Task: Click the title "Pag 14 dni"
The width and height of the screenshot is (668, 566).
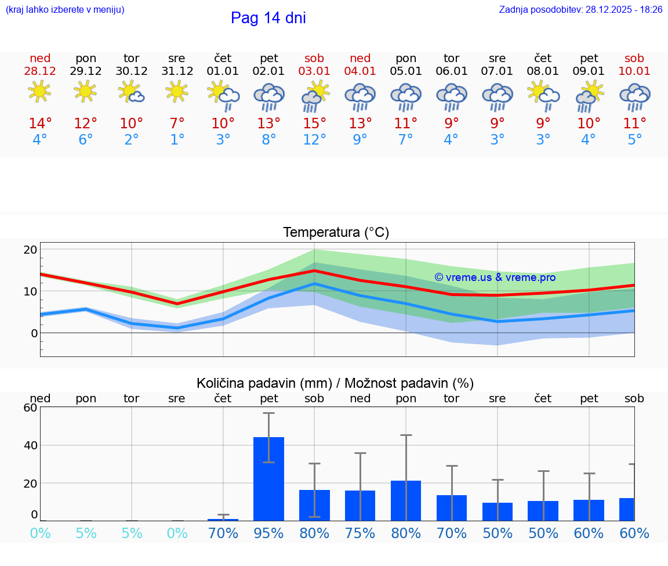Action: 268,18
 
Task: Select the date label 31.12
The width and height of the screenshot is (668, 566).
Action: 177,71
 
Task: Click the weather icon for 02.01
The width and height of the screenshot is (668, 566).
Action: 268,97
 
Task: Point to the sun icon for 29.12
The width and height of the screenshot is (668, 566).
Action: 86,92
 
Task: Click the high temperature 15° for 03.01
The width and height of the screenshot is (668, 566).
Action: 314,124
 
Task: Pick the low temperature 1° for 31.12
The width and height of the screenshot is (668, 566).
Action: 177,140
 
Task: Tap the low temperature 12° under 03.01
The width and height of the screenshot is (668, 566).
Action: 314,140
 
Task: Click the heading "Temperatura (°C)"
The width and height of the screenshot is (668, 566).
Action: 336,233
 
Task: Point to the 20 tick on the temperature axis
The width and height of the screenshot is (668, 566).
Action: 30,250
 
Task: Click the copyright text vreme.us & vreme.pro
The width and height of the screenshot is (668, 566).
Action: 495,277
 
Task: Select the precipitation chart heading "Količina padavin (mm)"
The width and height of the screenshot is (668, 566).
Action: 264,383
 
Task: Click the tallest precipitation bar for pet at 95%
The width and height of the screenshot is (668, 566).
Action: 268,479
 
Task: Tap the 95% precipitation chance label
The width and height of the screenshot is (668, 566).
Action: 268,533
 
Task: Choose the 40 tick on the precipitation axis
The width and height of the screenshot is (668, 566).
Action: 30,445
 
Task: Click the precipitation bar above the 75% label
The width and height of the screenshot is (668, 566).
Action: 360,506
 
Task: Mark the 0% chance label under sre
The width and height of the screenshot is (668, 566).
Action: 177,533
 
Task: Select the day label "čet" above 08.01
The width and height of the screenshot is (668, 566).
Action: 543,59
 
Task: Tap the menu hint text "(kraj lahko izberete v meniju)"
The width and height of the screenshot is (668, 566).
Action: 65,10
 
